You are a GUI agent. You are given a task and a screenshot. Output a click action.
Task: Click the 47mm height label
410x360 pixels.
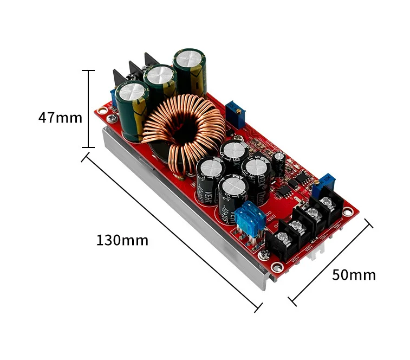pos(60,117)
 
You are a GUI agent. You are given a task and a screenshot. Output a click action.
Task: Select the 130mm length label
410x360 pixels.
pos(122,240)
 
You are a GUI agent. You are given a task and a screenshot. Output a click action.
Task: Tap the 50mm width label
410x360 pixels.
pos(353,274)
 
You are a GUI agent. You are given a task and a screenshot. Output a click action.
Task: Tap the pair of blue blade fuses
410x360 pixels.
pos(251,217)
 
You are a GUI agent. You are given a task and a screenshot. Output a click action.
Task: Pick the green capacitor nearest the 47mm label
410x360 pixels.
pos(131,108)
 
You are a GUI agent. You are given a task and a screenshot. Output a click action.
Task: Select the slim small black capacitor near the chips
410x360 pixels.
pos(279,161)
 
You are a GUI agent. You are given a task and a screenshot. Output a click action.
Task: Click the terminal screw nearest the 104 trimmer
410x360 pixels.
pos(326,203)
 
